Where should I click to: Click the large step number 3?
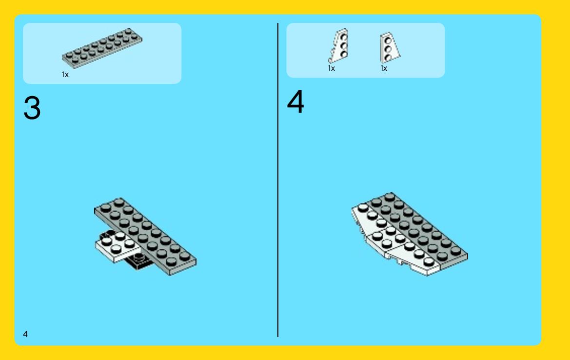[x=32, y=108]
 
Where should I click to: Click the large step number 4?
[x=295, y=101]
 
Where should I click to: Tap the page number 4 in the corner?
[x=25, y=334]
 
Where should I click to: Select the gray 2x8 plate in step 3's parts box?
[x=102, y=48]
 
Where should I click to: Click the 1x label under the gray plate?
[x=65, y=75]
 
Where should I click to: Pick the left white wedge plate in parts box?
[x=339, y=45]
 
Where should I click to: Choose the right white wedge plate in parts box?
[x=389, y=47]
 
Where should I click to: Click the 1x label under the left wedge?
[x=331, y=68]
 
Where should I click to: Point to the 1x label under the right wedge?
[x=384, y=68]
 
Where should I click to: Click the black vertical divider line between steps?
[x=278, y=180]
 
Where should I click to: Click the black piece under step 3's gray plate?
[x=140, y=261]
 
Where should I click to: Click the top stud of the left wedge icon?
[x=344, y=37]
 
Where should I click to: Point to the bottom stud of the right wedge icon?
[x=388, y=58]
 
